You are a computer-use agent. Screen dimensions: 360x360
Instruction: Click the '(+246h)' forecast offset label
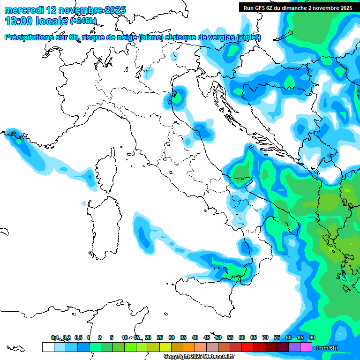[x=83, y=21]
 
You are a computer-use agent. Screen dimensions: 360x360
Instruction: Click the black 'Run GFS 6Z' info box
[x=298, y=7]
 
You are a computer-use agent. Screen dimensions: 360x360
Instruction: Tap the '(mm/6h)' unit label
[x=327, y=348]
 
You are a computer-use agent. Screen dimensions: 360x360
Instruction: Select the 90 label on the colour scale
[x=312, y=337]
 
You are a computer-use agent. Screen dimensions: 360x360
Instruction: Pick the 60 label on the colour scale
[x=242, y=337]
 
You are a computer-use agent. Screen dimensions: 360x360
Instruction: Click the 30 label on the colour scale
[x=172, y=337]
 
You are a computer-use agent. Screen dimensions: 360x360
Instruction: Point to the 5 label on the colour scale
[x=112, y=337]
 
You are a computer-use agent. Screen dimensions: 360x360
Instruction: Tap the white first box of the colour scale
[x=48, y=347]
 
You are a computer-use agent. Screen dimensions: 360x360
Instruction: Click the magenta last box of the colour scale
[x=306, y=347]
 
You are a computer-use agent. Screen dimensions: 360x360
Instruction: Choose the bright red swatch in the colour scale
[x=247, y=347]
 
